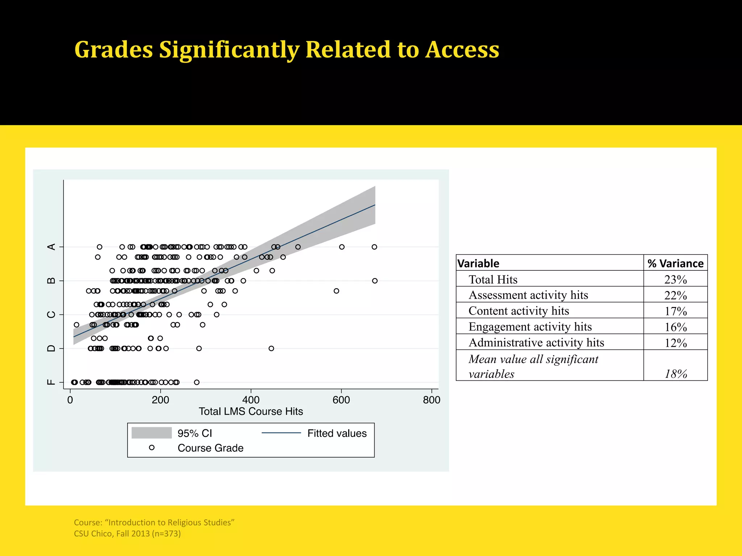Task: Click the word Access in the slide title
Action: pyautogui.click(x=462, y=50)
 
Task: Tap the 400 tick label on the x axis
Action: pyautogui.click(x=251, y=400)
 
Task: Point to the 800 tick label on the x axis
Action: pyautogui.click(x=432, y=400)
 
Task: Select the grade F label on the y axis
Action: pyautogui.click(x=51, y=382)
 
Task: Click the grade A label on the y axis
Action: pyautogui.click(x=51, y=247)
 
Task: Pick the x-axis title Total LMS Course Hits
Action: pyautogui.click(x=251, y=412)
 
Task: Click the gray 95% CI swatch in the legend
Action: pyautogui.click(x=151, y=433)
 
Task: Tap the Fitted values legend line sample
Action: pyautogui.click(x=281, y=433)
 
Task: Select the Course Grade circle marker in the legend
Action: pyautogui.click(x=152, y=448)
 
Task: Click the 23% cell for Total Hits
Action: pyautogui.click(x=675, y=279)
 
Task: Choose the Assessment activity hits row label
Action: pyautogui.click(x=528, y=295)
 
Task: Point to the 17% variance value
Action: pyautogui.click(x=675, y=311)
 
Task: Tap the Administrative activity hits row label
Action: pyautogui.click(x=536, y=342)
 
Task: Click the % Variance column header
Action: pyautogui.click(x=675, y=264)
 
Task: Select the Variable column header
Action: pyautogui.click(x=478, y=264)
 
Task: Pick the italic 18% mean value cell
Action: pyautogui.click(x=675, y=374)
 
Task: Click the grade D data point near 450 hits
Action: pyautogui.click(x=271, y=349)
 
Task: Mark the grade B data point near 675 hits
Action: pyautogui.click(x=375, y=281)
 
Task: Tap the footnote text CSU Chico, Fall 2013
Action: pyautogui.click(x=127, y=534)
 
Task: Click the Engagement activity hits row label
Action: pyautogui.click(x=530, y=327)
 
